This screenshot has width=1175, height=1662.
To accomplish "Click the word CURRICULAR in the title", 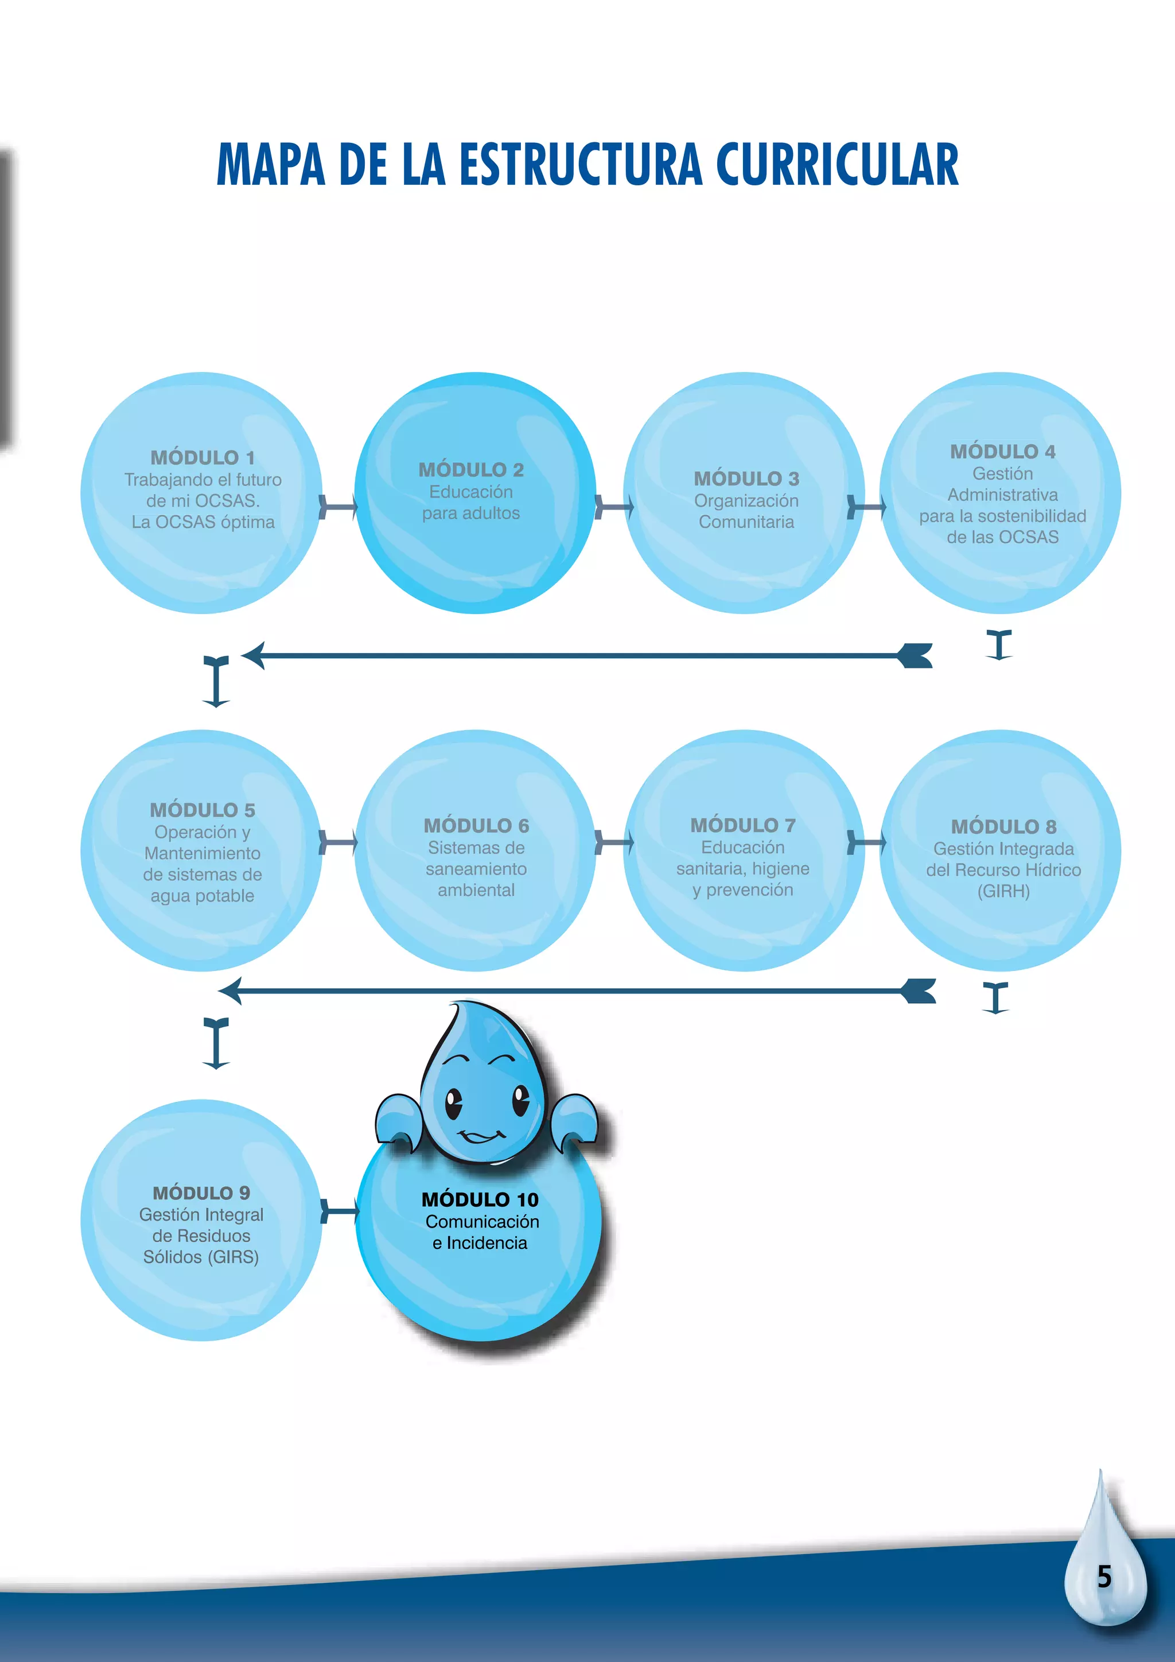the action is (837, 164).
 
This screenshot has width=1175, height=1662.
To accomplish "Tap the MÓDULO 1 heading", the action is (203, 457).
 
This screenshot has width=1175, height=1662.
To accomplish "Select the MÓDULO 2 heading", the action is (471, 470).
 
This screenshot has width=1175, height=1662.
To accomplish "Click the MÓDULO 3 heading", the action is (746, 479).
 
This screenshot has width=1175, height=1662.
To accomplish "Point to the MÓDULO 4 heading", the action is (1002, 452).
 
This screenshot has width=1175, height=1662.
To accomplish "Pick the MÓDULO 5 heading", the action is (203, 810).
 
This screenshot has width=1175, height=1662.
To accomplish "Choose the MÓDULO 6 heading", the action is (476, 826).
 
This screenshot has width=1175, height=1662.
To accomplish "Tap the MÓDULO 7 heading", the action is (742, 825).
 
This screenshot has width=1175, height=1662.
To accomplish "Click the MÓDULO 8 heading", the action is (1003, 826).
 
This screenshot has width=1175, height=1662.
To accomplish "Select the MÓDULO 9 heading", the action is (201, 1193).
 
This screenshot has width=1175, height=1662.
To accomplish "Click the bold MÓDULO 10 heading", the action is (480, 1200).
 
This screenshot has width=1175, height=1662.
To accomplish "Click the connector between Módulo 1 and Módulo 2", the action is (338, 507).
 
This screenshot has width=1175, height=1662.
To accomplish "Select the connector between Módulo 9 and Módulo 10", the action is (339, 1211).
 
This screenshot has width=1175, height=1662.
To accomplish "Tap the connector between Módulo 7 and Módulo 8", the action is (866, 842).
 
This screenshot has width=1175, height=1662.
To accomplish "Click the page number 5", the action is (1104, 1576).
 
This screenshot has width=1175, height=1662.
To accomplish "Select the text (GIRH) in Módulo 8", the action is (1003, 891).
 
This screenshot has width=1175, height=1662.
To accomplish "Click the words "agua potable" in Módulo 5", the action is (203, 896).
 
